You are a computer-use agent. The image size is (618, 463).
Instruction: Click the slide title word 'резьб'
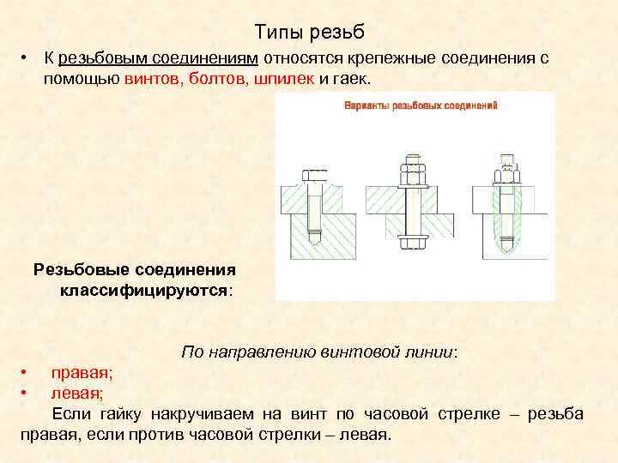(x=338, y=33)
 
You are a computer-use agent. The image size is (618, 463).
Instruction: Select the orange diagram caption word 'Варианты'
(x=367, y=106)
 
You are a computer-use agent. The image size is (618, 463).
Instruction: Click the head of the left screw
(x=313, y=175)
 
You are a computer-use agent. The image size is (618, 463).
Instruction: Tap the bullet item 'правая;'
(x=82, y=373)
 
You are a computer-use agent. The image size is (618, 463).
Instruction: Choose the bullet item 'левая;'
(x=77, y=394)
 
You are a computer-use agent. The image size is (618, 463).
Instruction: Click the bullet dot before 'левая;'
(x=25, y=394)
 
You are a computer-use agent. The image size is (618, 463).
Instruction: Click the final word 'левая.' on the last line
(x=365, y=435)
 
